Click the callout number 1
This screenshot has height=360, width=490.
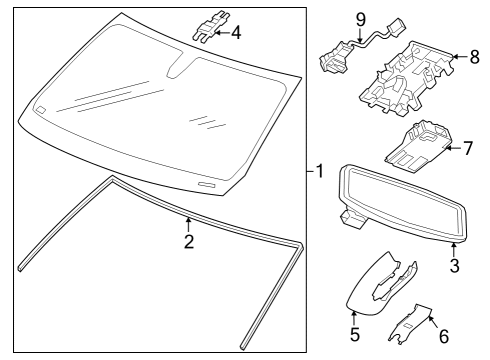[318, 171]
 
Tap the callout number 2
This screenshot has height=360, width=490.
[187, 241]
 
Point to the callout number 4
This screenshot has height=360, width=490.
[236, 32]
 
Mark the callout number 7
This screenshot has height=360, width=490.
[465, 149]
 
